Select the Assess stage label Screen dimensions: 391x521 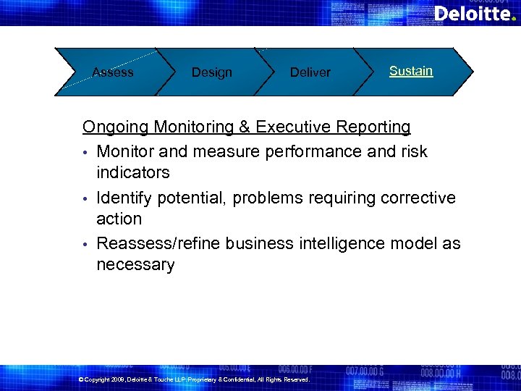113,72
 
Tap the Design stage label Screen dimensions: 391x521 211,72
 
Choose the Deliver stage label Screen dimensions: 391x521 310,72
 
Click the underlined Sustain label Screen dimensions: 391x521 411,71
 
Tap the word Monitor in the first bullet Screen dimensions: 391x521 124,151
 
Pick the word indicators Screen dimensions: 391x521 133,172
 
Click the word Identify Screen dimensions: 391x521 124,198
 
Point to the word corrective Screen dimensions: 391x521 420,198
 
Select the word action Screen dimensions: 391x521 119,219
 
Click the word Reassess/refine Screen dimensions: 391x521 158,243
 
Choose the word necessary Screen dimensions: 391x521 135,265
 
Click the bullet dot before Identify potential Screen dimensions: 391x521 85,198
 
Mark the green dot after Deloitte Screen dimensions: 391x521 513,19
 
